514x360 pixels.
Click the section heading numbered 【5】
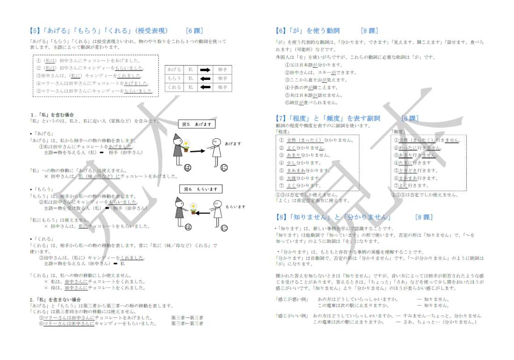[x=98, y=31]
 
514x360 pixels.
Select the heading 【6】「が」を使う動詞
[x=308, y=31]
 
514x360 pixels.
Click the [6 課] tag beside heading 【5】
[x=194, y=31]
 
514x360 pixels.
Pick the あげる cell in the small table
[x=174, y=70]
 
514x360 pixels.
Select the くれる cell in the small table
[x=174, y=87]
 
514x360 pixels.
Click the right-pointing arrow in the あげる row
[x=206, y=70]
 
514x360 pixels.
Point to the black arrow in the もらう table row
[x=206, y=79]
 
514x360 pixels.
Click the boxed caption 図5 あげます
[x=197, y=124]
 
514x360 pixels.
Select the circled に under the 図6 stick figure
[x=223, y=228]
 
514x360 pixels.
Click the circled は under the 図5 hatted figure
[x=189, y=167]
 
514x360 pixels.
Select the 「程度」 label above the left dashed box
[x=283, y=132]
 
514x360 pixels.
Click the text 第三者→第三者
[x=187, y=317]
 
